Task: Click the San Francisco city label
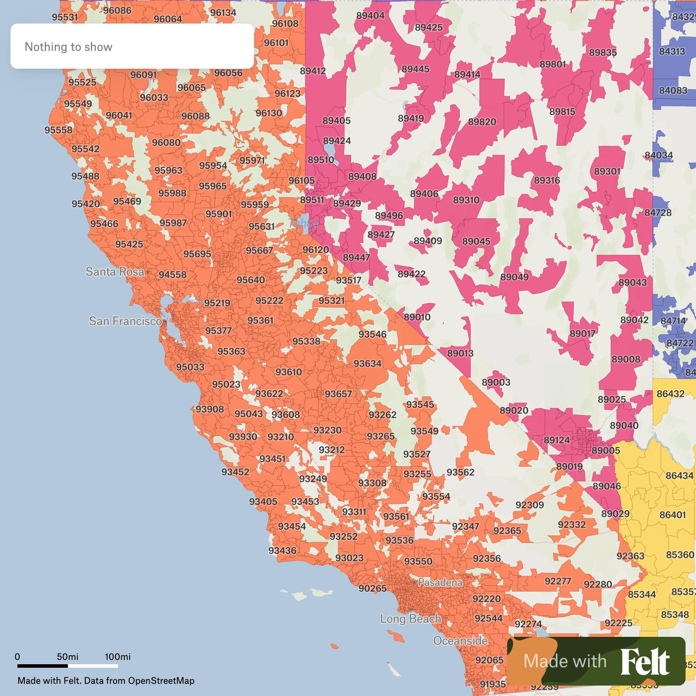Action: [125, 321]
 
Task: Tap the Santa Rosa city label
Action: [115, 272]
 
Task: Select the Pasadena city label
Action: [440, 582]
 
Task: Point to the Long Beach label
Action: [410, 619]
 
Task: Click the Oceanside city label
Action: [460, 640]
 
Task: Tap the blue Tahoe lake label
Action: [304, 224]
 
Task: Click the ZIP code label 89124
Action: [557, 440]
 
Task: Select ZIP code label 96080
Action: [166, 142]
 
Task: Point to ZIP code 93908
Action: [210, 409]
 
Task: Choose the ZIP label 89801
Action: [553, 64]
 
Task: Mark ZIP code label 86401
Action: [673, 515]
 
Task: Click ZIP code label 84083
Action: [673, 90]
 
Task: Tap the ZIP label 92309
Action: [529, 505]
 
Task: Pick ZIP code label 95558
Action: [59, 130]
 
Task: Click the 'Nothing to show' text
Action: [68, 47]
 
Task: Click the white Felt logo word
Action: [645, 662]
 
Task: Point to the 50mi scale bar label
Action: [67, 657]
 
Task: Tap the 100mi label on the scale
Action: [117, 657]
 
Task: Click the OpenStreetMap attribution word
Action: [161, 681]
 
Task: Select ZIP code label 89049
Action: [515, 277]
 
